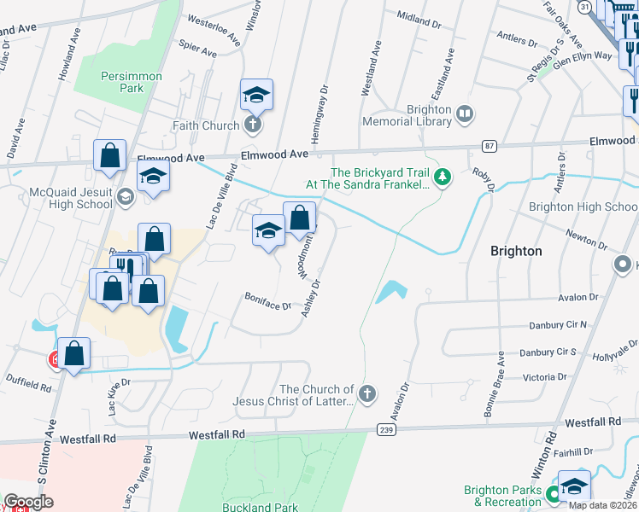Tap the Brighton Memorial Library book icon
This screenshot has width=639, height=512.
(x=464, y=112)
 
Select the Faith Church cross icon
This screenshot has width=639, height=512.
(x=252, y=125)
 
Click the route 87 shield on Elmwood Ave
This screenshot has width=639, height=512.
(x=489, y=146)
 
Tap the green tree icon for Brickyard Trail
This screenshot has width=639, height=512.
(x=442, y=177)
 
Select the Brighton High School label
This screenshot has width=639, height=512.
(x=583, y=207)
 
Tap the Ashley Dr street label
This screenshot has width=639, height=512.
(x=310, y=297)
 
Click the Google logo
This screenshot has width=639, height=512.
(x=27, y=501)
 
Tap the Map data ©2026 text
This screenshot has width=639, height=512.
(x=602, y=505)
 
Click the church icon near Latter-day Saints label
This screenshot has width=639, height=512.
(x=366, y=394)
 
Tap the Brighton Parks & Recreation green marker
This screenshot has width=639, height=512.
(x=553, y=493)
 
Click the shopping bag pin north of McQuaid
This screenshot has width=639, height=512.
(x=110, y=156)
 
